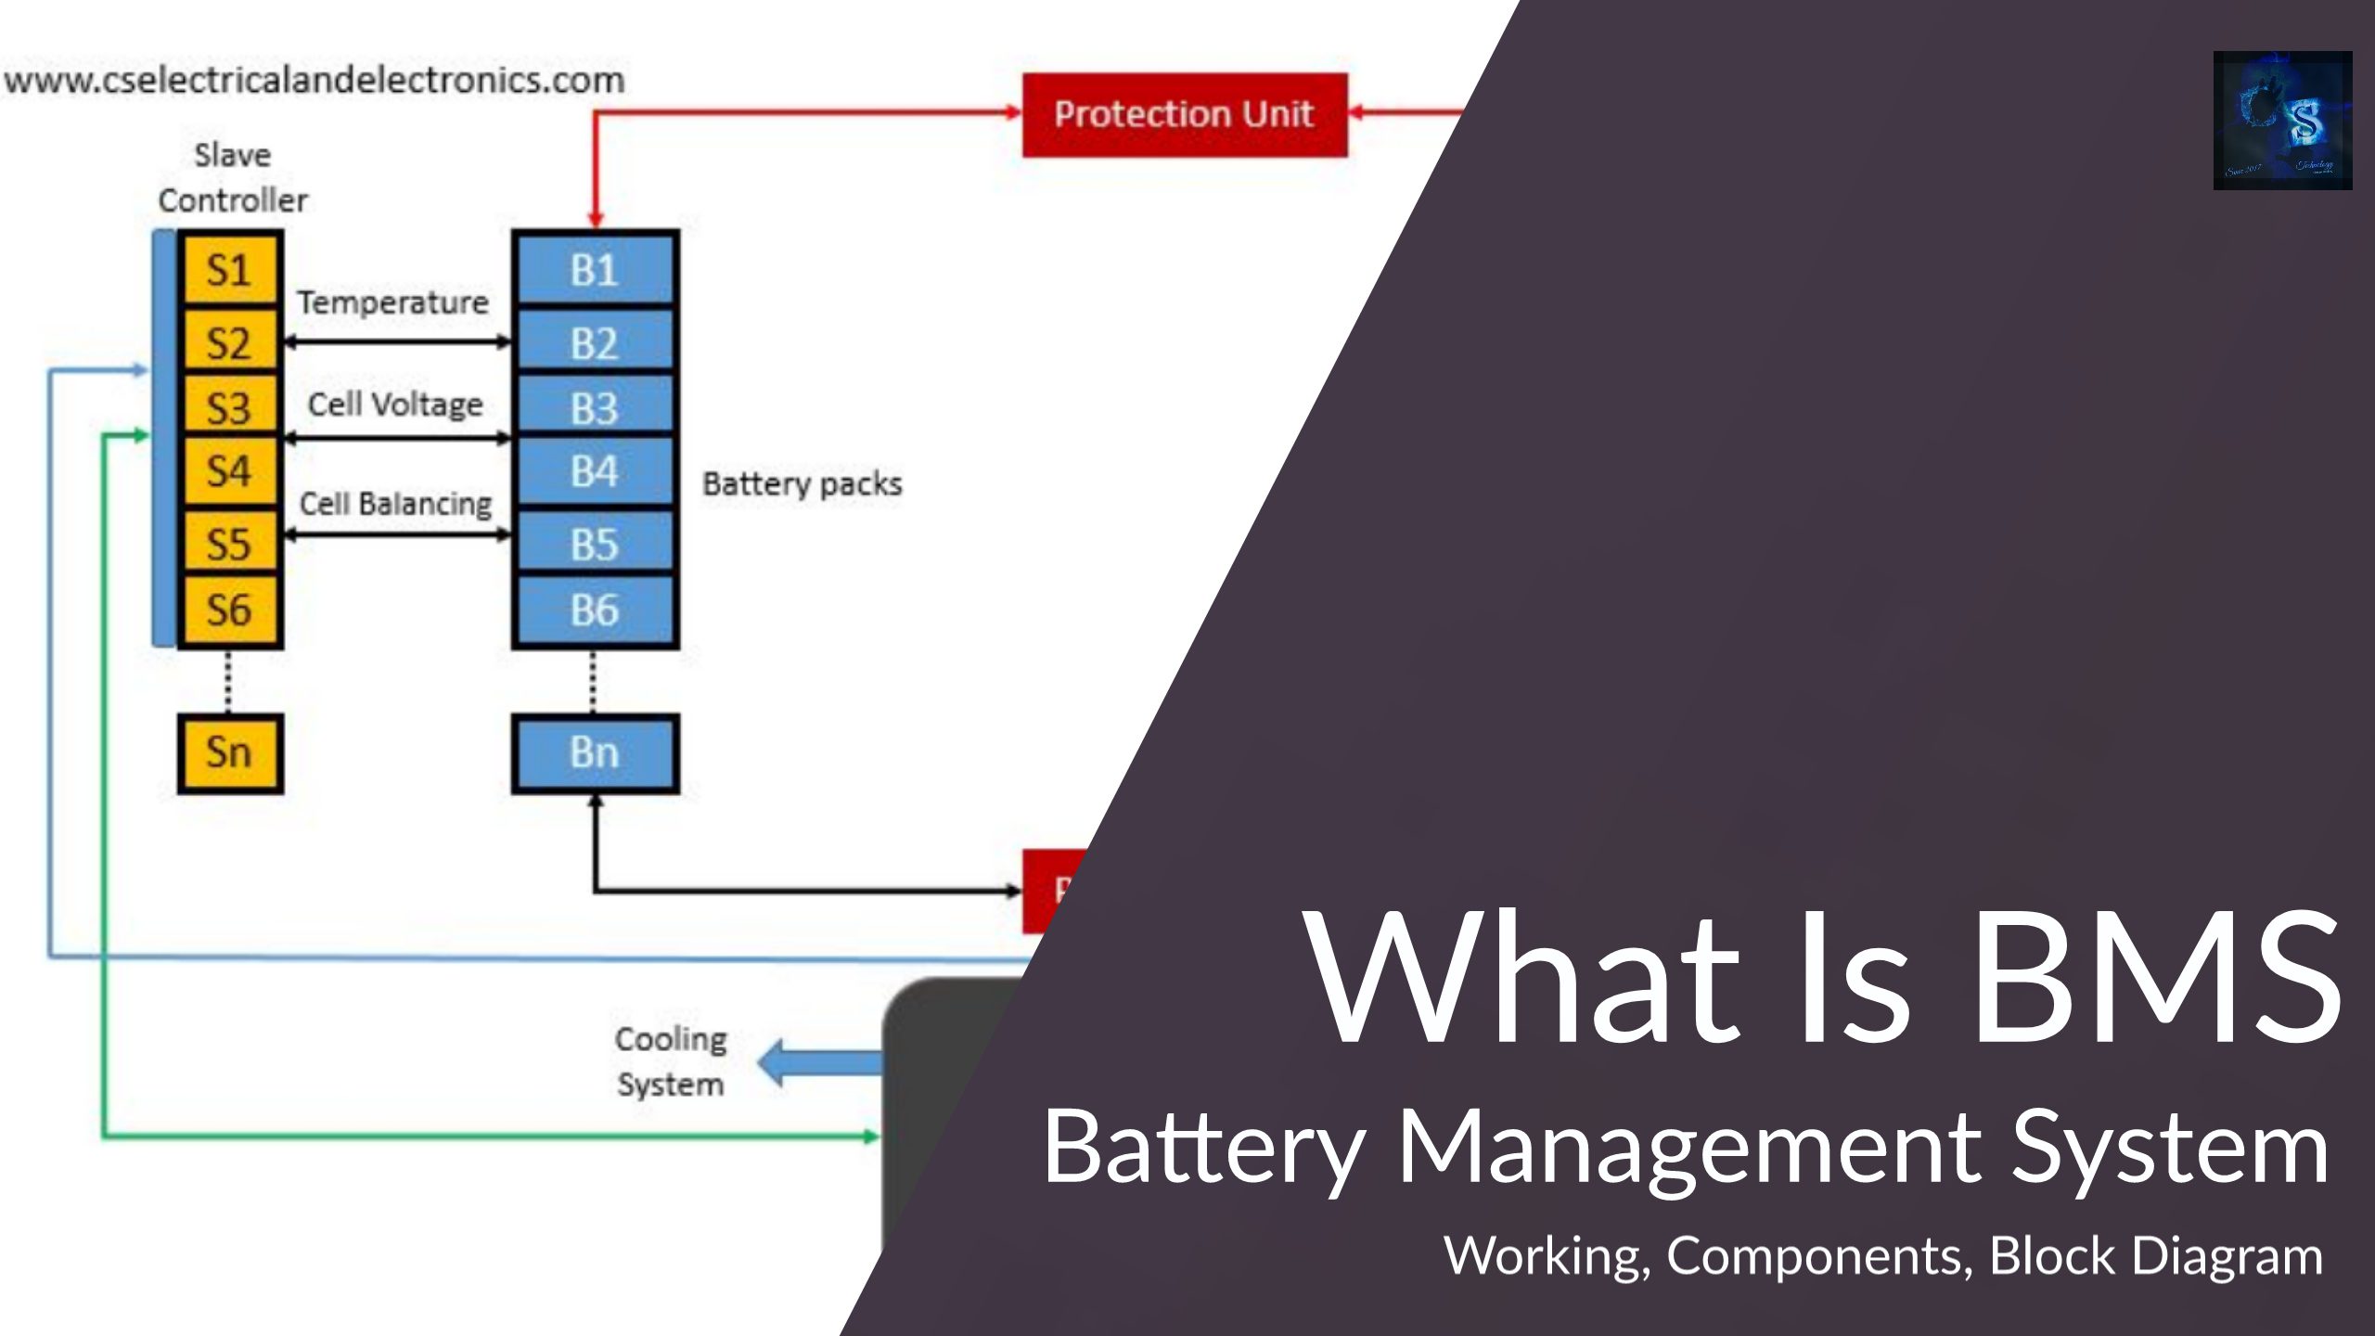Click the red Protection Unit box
click(1184, 114)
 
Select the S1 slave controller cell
click(229, 270)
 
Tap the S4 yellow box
click(229, 471)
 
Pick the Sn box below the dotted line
click(229, 752)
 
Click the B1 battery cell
click(595, 270)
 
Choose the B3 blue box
click(595, 408)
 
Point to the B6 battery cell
click(595, 610)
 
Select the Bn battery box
click(595, 752)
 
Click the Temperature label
click(392, 302)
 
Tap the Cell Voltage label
click(395, 405)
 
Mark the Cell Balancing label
click(395, 504)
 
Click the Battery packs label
click(802, 483)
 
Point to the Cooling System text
click(671, 1061)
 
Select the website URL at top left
click(314, 80)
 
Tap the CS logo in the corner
click(2282, 121)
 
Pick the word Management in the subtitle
click(1688, 1148)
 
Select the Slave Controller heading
click(232, 177)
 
